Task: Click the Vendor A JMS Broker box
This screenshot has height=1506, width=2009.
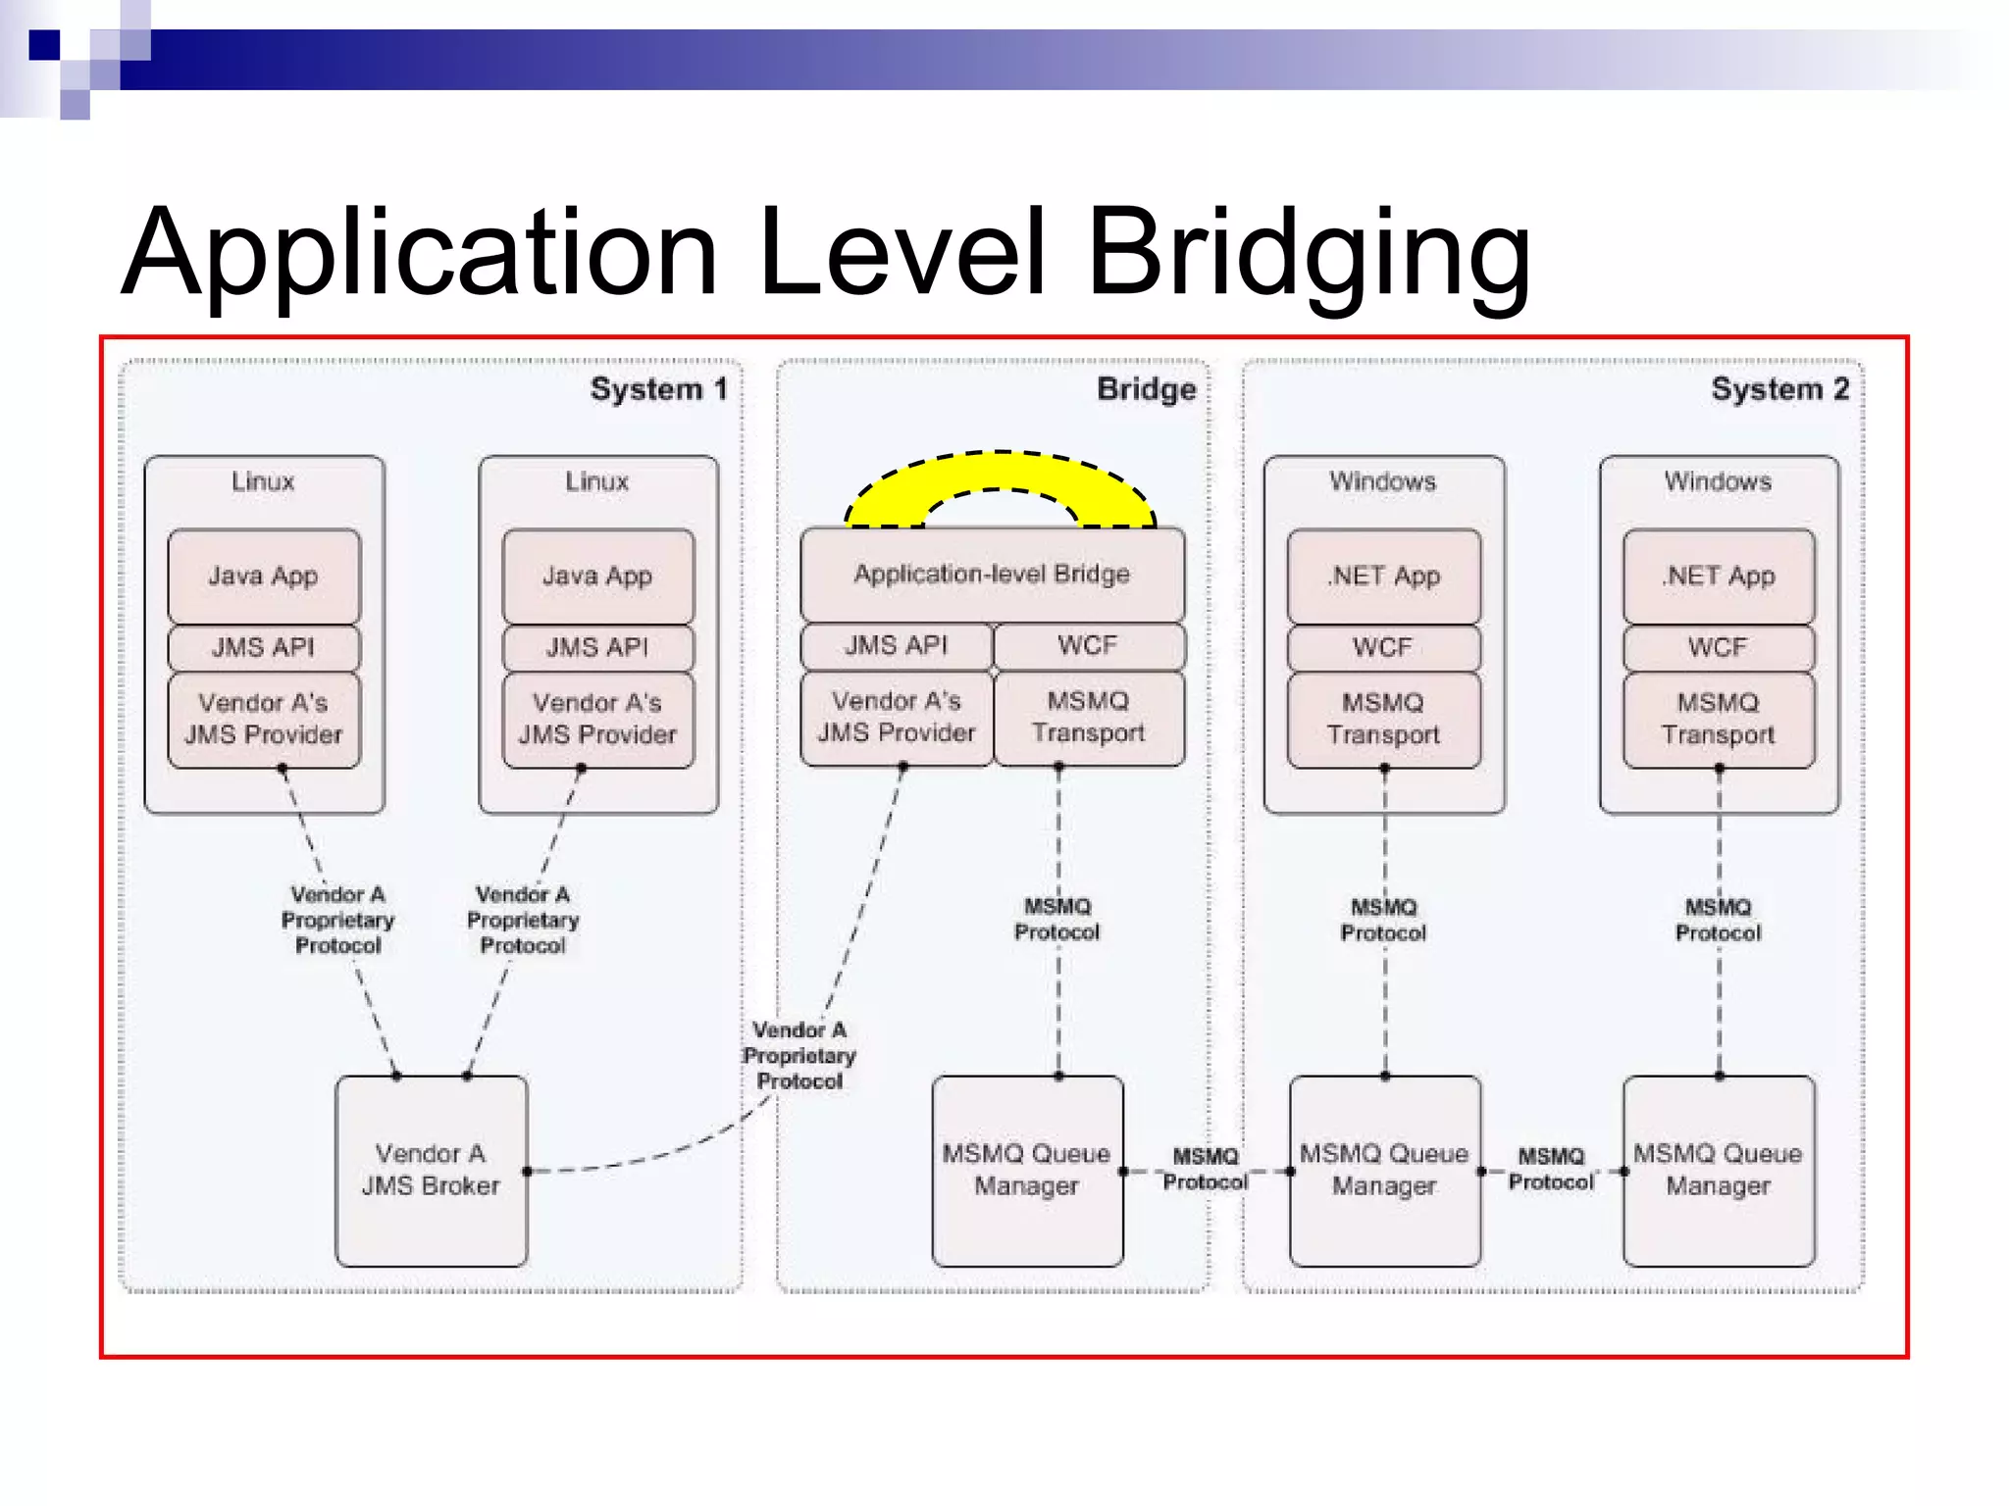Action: [431, 1170]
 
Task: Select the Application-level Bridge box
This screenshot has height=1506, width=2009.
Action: [992, 574]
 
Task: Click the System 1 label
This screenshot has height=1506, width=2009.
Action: [658, 389]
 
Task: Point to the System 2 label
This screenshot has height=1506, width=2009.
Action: [1779, 389]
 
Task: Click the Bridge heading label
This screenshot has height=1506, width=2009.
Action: [1146, 389]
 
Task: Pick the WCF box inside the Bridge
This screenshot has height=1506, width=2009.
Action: [1088, 645]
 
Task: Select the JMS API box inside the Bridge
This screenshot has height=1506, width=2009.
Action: [897, 645]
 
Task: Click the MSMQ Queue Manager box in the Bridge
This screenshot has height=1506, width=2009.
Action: [1027, 1170]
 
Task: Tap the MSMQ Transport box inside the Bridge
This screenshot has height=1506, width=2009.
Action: [1088, 717]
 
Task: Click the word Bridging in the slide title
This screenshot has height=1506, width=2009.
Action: [1309, 252]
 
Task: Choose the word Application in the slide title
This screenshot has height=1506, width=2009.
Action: [420, 252]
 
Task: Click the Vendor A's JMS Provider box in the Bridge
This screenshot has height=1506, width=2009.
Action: [897, 717]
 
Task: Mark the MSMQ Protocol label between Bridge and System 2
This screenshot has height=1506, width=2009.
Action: [1206, 1169]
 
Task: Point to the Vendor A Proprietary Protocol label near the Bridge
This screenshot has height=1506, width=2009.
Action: [799, 1055]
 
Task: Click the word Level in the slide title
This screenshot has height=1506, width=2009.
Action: [902, 252]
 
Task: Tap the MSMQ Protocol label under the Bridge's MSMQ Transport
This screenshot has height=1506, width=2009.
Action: [1057, 919]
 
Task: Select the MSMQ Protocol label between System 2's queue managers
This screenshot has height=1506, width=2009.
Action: [1551, 1169]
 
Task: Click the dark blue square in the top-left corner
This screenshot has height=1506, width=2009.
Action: [44, 45]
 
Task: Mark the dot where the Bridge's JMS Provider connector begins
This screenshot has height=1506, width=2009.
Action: [902, 768]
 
